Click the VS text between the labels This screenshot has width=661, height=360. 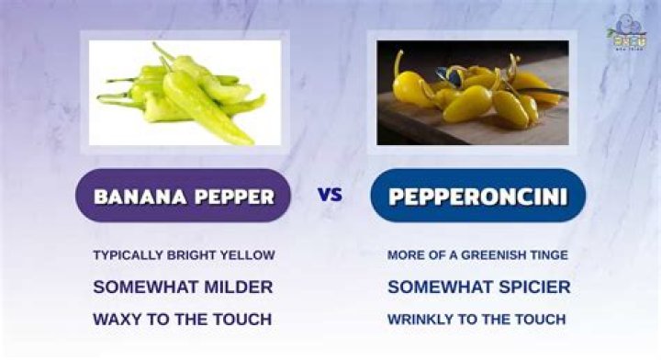330,195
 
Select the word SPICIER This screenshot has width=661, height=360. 533,287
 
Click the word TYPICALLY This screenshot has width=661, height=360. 127,255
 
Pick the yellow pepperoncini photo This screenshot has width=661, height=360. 473,92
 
